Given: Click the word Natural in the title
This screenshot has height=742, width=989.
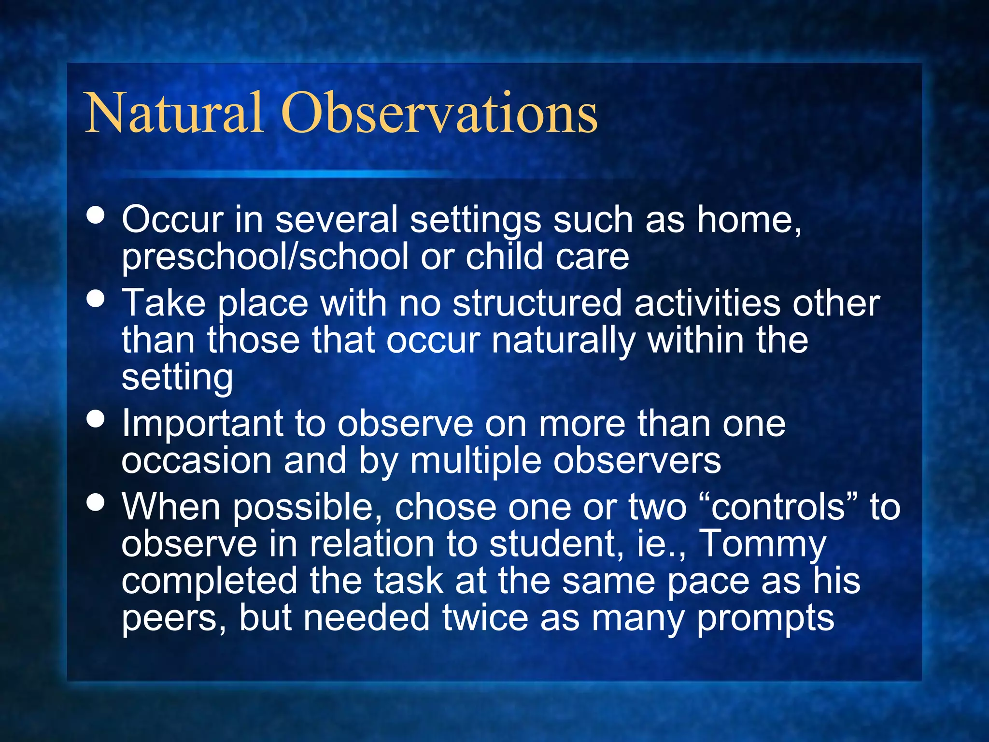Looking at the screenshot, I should click(174, 114).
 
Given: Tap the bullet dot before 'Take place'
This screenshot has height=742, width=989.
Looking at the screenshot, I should click(96, 299).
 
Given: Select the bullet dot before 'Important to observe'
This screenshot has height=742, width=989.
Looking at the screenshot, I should click(96, 419).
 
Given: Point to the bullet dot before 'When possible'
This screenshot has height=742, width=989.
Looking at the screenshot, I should click(96, 502).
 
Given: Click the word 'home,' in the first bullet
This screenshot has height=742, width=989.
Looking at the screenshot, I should click(749, 220).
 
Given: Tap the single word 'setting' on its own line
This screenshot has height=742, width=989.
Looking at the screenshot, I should click(177, 378).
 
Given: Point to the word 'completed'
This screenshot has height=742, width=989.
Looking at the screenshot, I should click(209, 581).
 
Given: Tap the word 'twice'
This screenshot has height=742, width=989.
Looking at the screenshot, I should click(485, 618).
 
